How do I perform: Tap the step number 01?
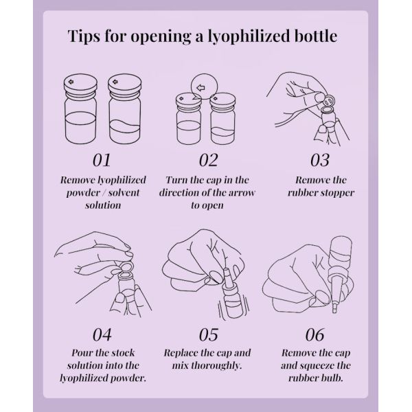(101, 160)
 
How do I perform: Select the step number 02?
(208, 160)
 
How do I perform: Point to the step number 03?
(314, 160)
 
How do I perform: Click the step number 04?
(101, 334)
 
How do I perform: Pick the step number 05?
(208, 334)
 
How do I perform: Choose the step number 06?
(314, 334)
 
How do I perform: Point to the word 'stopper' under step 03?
(335, 192)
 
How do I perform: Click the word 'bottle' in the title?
(316, 36)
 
